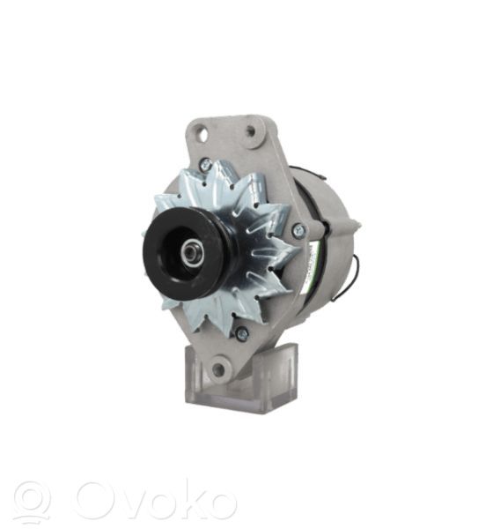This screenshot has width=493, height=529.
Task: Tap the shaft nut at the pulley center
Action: [191, 251]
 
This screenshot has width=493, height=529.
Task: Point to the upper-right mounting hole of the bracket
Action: [251, 130]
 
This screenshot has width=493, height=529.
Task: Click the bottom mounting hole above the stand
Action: [218, 369]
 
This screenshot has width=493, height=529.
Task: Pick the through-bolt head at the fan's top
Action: [206, 164]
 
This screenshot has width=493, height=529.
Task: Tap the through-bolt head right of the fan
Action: [298, 229]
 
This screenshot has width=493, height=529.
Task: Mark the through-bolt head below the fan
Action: [242, 333]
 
